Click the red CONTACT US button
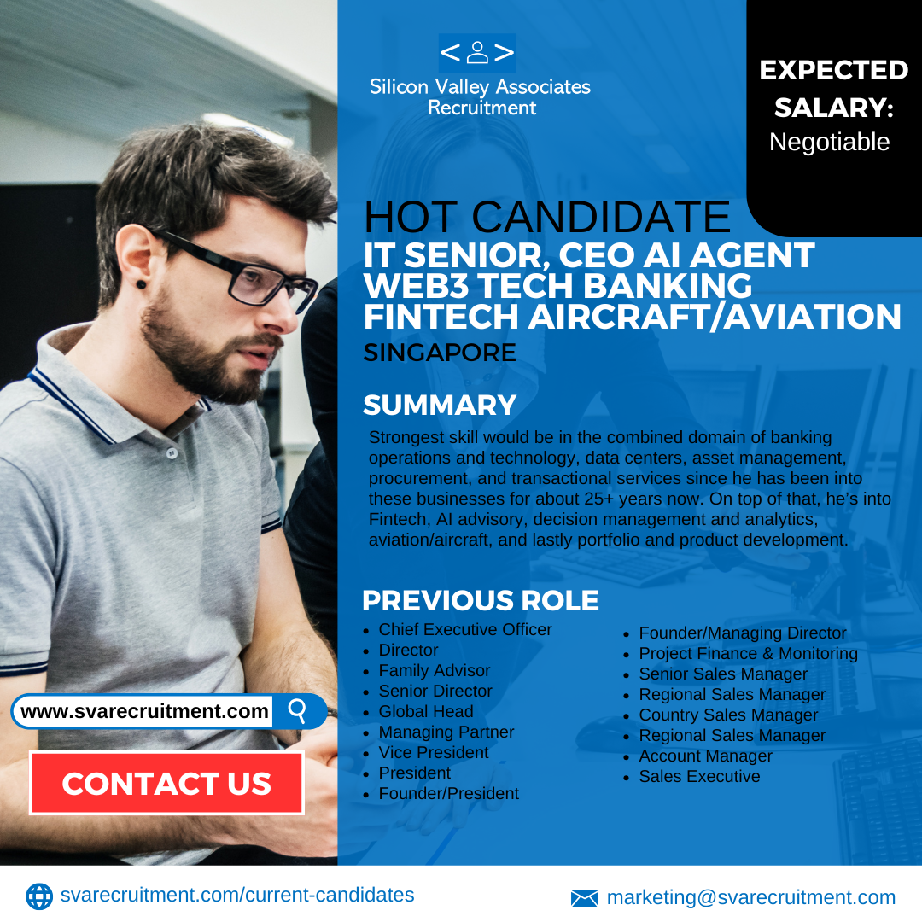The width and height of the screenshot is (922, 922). [166, 783]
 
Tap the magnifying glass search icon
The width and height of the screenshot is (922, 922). [298, 711]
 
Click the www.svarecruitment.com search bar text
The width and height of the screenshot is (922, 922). [144, 711]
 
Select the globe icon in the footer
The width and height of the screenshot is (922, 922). [39, 896]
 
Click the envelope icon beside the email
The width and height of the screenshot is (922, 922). [585, 898]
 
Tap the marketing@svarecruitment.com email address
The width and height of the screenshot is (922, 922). [751, 897]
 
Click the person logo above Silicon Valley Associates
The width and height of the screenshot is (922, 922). [477, 52]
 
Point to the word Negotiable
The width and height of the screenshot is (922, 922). [829, 142]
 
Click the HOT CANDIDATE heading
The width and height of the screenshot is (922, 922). [547, 216]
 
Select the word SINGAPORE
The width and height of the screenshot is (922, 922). [440, 353]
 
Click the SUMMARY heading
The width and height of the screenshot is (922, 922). [440, 406]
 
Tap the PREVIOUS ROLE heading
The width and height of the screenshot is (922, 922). [481, 600]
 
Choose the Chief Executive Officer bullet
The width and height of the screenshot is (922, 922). [465, 629]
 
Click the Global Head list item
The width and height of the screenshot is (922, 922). [426, 711]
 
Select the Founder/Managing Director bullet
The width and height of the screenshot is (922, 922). [743, 633]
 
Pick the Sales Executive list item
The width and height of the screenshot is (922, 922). [700, 776]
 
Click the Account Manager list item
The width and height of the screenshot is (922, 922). [706, 756]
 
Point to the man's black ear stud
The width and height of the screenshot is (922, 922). [141, 285]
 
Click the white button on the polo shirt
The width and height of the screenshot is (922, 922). [171, 453]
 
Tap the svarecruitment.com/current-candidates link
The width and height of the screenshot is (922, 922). [237, 895]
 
